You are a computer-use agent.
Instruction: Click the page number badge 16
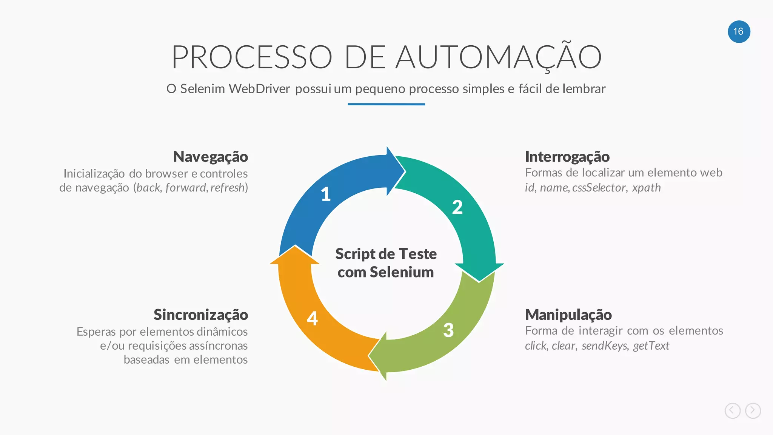pyautogui.click(x=739, y=32)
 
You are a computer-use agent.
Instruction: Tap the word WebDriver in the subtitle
pyautogui.click(x=259, y=89)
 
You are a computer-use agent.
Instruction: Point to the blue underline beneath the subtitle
pyautogui.click(x=386, y=104)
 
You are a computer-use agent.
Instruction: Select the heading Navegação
pyautogui.click(x=210, y=157)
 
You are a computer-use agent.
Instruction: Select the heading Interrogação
pyautogui.click(x=567, y=157)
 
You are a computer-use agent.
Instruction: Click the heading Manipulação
pyautogui.click(x=568, y=315)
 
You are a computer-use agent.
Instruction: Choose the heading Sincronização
pyautogui.click(x=200, y=315)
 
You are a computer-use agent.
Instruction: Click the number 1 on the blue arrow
pyautogui.click(x=326, y=194)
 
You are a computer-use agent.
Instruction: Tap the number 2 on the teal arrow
pyautogui.click(x=457, y=207)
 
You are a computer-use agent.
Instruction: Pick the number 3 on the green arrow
pyautogui.click(x=448, y=330)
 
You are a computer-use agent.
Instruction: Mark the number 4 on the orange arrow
pyautogui.click(x=312, y=318)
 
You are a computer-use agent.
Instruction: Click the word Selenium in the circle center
pyautogui.click(x=402, y=272)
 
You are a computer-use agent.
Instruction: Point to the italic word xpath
pyautogui.click(x=646, y=188)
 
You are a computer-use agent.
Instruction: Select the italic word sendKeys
pyautogui.click(x=604, y=346)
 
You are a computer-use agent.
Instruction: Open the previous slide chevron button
pyautogui.click(x=732, y=410)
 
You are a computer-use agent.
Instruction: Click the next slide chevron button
pyautogui.click(x=753, y=410)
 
